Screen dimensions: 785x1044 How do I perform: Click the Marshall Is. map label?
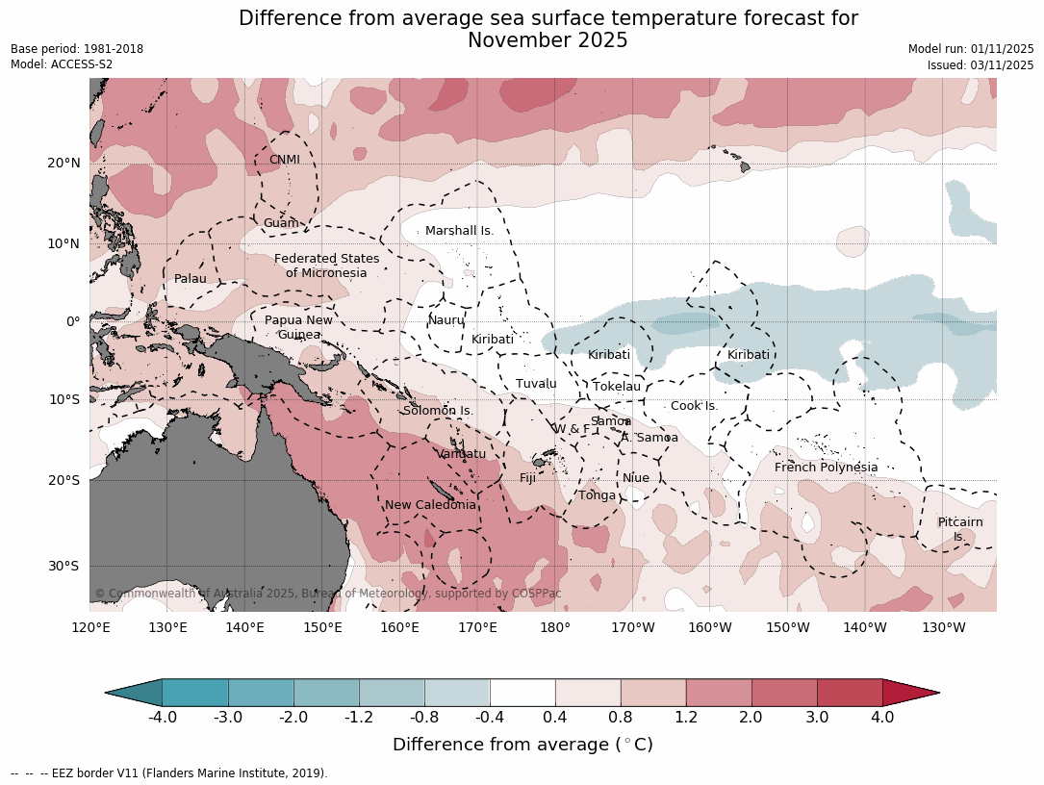[x=459, y=231]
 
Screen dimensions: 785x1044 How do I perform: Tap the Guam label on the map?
[x=281, y=223]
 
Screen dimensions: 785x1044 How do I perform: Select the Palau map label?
[x=190, y=279]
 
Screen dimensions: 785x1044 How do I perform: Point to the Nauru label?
[x=446, y=320]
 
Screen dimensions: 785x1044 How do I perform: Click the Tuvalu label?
[x=536, y=384]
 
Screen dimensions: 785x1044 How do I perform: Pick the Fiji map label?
[x=527, y=478]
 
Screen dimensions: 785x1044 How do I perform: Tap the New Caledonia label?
[x=430, y=505]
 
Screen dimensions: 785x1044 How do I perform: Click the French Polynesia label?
[x=826, y=468]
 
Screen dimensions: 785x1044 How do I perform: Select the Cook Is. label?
[x=694, y=406]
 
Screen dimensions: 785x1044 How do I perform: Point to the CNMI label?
[x=284, y=160]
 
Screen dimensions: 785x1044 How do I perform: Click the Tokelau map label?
[x=616, y=387]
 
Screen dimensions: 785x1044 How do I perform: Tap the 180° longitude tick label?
[x=555, y=628]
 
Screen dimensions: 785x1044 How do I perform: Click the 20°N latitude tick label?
[x=64, y=163]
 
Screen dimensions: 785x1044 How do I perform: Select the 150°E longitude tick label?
[x=322, y=628]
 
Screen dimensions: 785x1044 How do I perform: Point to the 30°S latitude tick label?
[x=64, y=566]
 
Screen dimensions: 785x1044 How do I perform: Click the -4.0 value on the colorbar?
[x=162, y=717]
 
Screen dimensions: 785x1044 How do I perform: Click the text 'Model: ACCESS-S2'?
[x=62, y=64]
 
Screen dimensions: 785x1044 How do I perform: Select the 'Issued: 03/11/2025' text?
[x=980, y=64]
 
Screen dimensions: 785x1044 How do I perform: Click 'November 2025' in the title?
[x=547, y=40]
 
